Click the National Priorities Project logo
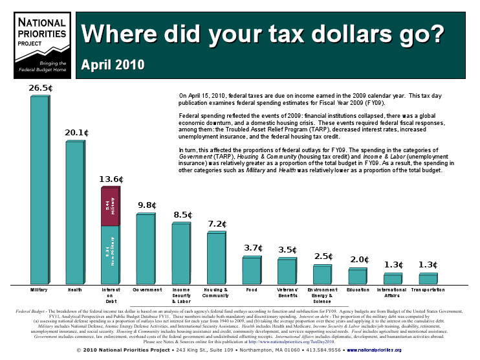(41, 42)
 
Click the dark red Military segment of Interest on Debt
(110, 207)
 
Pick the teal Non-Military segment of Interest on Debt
(110, 255)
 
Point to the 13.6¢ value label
(111, 179)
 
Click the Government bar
(146, 249)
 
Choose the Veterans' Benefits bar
(287, 271)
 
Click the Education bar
(357, 276)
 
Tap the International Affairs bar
(393, 278)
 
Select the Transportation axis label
(428, 290)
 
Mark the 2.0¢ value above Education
(358, 260)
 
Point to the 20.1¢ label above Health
(76, 133)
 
